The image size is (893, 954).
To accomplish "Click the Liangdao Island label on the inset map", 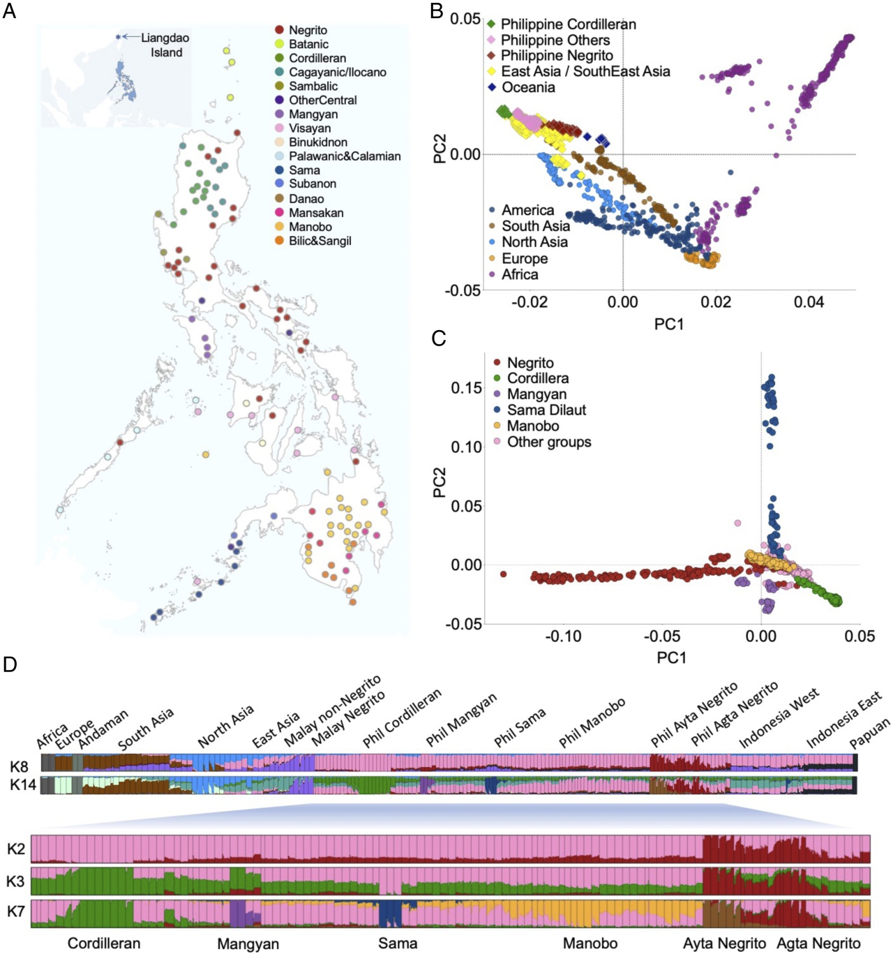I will tap(165, 45).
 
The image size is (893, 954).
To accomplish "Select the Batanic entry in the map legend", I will tap(308, 44).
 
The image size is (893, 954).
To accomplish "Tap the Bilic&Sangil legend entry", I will tap(320, 241).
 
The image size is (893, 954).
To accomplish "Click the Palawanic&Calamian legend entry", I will tap(345, 156).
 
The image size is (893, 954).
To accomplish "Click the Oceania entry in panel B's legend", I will tap(528, 87).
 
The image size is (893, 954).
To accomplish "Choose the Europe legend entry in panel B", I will tap(525, 258).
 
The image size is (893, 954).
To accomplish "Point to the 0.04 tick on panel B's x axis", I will tap(809, 302).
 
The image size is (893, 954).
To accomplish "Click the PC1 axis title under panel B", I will tap(668, 324).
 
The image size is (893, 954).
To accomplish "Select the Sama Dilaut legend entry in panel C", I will tap(546, 410).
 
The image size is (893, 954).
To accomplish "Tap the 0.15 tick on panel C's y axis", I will tap(467, 388).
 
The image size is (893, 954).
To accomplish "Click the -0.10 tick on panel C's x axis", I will tap(563, 636).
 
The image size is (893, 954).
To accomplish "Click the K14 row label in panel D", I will tap(22, 785).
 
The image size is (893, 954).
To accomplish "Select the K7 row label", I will tap(16, 911).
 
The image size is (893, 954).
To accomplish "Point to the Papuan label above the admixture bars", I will tap(870, 734).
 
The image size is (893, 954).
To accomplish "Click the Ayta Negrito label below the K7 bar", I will tap(724, 944).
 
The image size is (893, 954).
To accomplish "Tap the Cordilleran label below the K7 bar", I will tap(104, 944).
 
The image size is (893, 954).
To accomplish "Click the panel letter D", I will tap(10, 664).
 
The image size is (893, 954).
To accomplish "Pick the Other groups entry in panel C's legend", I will tap(549, 442).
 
